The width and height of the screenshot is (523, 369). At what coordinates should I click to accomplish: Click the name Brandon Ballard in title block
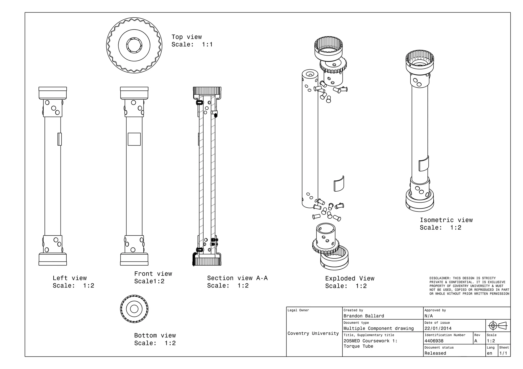364,316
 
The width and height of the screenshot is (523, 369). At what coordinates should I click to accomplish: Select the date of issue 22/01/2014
438,328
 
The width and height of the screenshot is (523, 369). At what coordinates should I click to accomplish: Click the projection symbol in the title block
497,326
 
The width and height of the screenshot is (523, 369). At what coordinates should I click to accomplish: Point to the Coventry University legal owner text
313,333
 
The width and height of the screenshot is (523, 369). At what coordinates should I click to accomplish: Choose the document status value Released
435,353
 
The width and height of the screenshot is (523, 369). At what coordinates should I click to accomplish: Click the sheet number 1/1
503,353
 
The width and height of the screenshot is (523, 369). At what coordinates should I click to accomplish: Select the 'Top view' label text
186,37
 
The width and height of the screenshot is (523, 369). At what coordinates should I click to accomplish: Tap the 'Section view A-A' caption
237,278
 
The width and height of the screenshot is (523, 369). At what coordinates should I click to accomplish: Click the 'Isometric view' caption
446,220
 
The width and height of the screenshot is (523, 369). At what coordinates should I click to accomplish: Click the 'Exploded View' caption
350,279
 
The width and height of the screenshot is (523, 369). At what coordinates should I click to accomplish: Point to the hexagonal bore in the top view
134,45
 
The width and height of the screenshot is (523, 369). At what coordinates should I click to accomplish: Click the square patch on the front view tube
134,139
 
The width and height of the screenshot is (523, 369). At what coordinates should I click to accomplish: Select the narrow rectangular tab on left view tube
60,139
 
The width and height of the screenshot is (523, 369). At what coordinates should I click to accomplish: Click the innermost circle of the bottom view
134,309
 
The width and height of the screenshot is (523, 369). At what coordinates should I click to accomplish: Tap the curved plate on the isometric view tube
423,164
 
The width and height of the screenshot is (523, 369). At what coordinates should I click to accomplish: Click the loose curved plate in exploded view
339,183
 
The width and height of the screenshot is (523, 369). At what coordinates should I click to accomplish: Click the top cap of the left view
53,93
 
